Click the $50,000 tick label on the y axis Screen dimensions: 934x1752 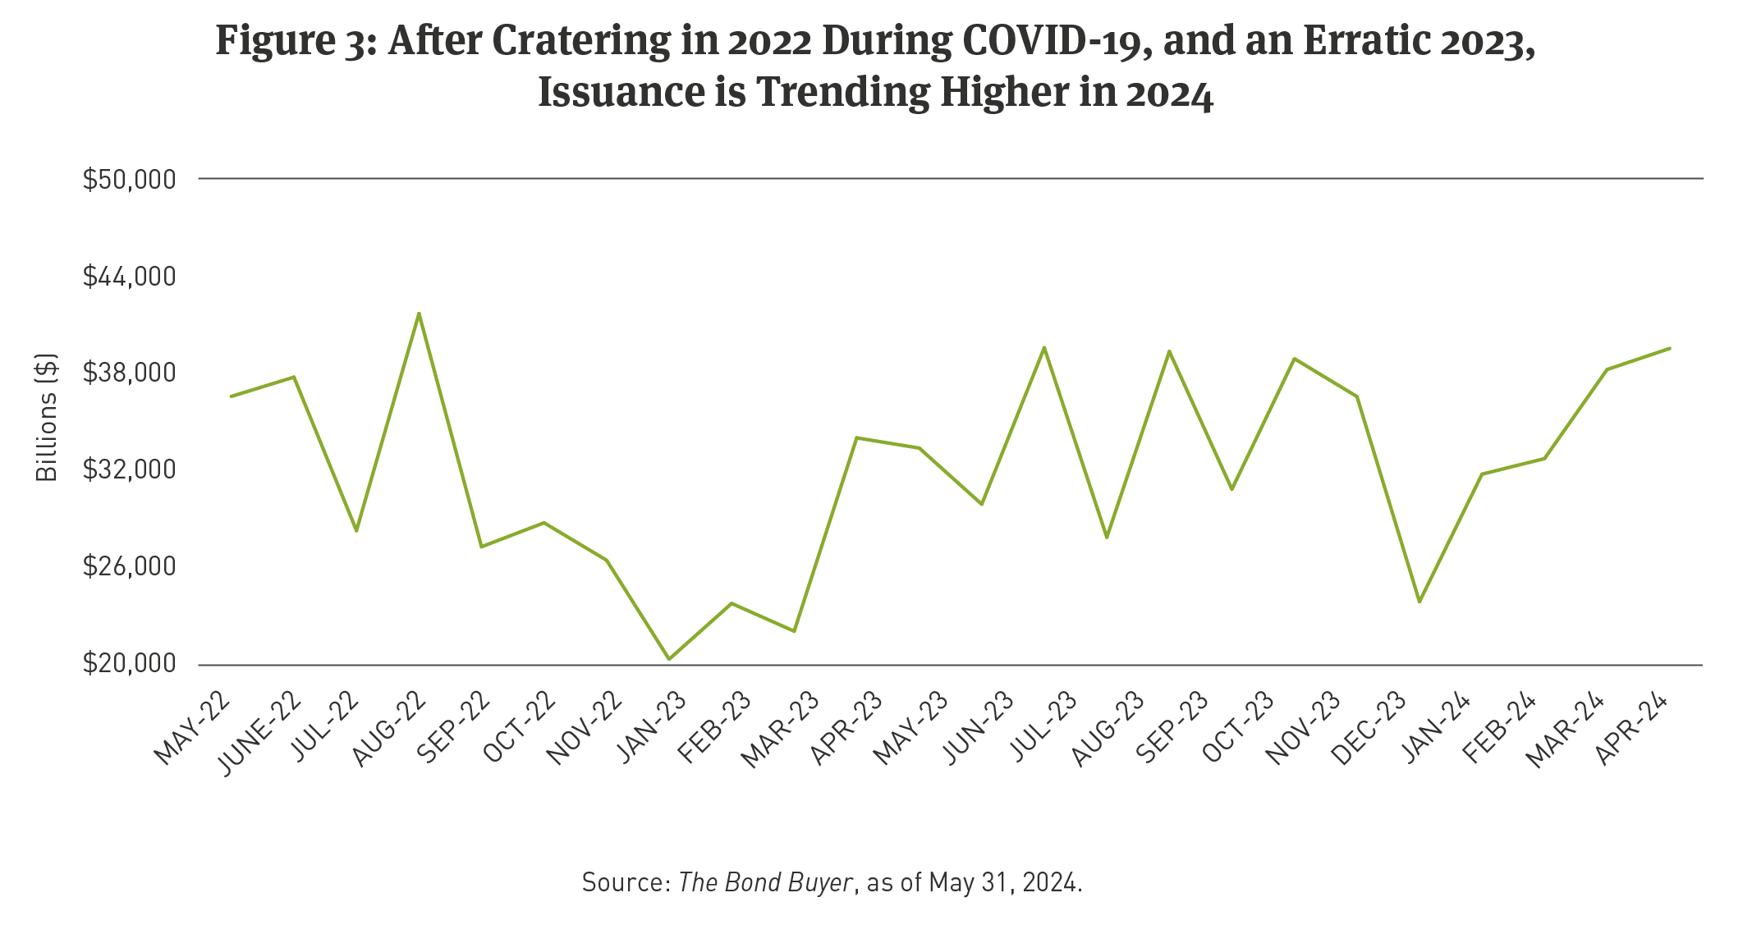(x=129, y=179)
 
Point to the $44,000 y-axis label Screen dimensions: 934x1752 (x=129, y=277)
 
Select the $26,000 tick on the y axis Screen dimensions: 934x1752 (x=129, y=566)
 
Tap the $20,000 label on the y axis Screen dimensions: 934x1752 (x=129, y=663)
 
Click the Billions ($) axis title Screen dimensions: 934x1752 (x=47, y=417)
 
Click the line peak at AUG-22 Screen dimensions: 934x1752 (x=419, y=314)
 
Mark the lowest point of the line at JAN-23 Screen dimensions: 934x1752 (x=669, y=659)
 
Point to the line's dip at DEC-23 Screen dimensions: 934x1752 (x=1419, y=602)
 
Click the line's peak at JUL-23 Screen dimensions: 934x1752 (x=1043, y=347)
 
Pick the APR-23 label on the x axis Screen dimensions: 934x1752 (x=846, y=728)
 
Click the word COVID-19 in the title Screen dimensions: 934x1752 (x=1057, y=41)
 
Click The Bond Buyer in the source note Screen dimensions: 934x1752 (x=765, y=882)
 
